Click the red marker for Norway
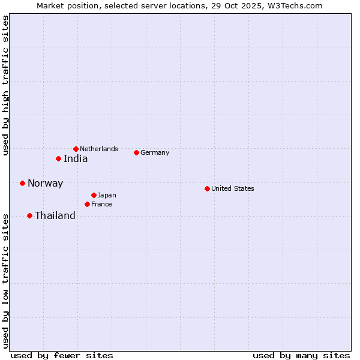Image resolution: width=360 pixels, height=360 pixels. pyautogui.click(x=22, y=183)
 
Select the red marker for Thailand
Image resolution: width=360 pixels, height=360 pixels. pyautogui.click(x=29, y=215)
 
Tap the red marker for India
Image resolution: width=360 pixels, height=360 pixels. pyautogui.click(x=58, y=158)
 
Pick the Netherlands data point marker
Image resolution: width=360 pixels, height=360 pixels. pyautogui.click(x=76, y=149)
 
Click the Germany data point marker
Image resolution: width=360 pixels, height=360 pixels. pyautogui.click(x=136, y=152)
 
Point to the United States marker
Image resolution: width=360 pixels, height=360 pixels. pyautogui.click(x=207, y=188)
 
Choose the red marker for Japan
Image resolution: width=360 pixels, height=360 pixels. pyautogui.click(x=94, y=195)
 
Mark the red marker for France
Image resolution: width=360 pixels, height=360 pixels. pyautogui.click(x=87, y=204)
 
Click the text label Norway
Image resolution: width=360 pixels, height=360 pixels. pyautogui.click(x=45, y=184)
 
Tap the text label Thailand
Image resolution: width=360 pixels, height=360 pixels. pyautogui.click(x=55, y=216)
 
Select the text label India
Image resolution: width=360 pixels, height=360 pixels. pyautogui.click(x=76, y=159)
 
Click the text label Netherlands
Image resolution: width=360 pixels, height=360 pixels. pyautogui.click(x=99, y=149)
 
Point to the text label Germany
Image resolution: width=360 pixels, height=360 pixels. pyautogui.click(x=155, y=152)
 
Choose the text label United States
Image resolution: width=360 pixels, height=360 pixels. pyautogui.click(x=233, y=188)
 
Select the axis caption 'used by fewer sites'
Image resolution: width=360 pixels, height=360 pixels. pyautogui.click(x=62, y=355)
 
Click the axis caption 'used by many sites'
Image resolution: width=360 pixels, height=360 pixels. pyautogui.click(x=301, y=355)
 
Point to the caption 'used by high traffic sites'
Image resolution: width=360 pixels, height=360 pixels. pyautogui.click(x=5, y=86)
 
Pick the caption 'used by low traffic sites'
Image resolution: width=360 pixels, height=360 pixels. pyautogui.click(x=5, y=280)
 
